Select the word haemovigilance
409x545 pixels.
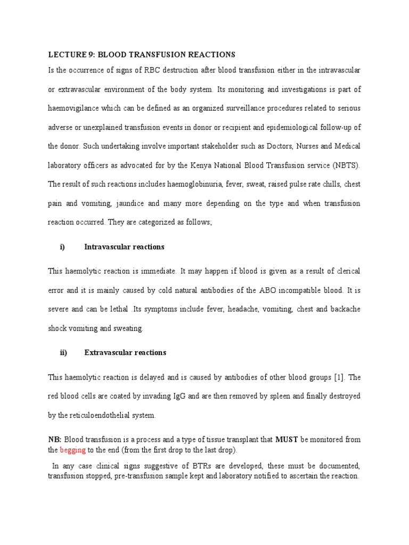click(74, 108)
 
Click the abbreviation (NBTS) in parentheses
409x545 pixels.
click(346, 166)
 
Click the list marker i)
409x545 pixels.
click(62, 247)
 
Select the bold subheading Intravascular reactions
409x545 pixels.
click(124, 247)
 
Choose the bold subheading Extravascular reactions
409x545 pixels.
click(125, 352)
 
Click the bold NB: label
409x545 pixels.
click(55, 440)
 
